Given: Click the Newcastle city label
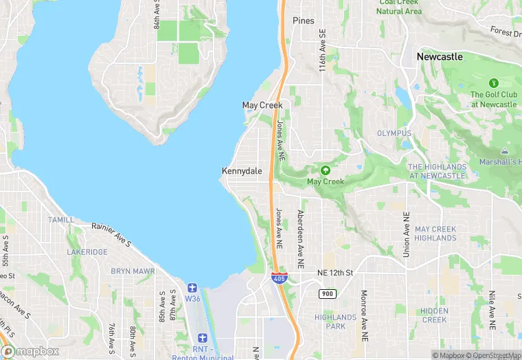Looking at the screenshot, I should click(x=440, y=56).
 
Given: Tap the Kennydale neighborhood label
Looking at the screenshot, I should click(x=242, y=171).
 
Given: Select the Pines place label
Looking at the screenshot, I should click(x=303, y=21).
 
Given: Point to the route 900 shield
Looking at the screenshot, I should click(x=326, y=294).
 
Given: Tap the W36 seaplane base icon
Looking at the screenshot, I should click(x=192, y=286).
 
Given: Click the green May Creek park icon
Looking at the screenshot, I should click(x=325, y=170).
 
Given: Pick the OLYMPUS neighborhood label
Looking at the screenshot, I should click(x=394, y=133).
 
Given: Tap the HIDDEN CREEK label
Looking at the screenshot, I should click(x=434, y=315).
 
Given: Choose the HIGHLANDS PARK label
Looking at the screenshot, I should click(x=335, y=322).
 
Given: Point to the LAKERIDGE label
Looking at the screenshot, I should click(x=87, y=252).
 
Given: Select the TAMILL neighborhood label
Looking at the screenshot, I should click(x=61, y=220).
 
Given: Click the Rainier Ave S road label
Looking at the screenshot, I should click(x=112, y=233).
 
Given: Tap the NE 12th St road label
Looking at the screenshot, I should click(x=334, y=273).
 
